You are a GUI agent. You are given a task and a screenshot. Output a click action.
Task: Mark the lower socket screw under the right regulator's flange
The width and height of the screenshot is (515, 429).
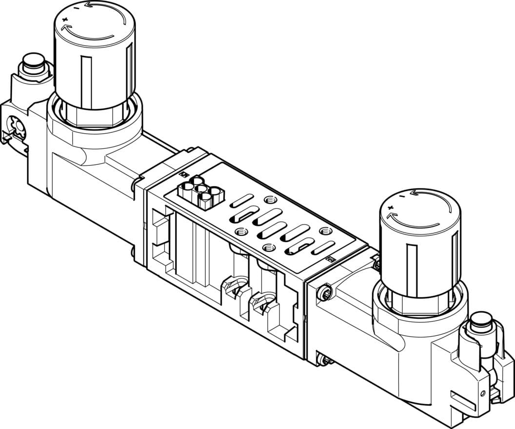click(324, 360)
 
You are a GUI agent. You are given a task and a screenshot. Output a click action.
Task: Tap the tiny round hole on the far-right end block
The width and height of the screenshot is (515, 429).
click(483, 392)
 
